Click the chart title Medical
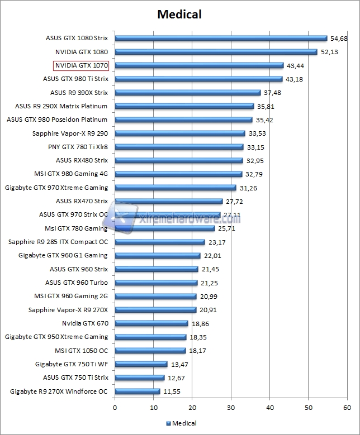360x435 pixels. point(179,13)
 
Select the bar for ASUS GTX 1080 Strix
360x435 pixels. point(221,38)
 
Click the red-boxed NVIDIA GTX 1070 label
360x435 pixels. point(81,65)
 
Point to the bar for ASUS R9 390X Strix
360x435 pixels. point(187,93)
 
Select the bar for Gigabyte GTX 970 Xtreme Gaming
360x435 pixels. point(175,188)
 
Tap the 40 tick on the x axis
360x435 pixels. point(269,408)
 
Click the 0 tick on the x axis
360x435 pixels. point(115,408)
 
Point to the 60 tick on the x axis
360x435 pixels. point(347,408)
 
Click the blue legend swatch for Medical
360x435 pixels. point(168,423)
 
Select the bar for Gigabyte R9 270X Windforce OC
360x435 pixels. point(137,391)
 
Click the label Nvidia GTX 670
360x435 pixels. point(85,323)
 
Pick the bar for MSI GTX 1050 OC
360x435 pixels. point(150,351)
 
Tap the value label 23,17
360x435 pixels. point(216,242)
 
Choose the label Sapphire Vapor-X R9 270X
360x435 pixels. point(68,310)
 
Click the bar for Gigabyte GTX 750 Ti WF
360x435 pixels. point(141,364)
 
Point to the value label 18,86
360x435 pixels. point(199,323)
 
